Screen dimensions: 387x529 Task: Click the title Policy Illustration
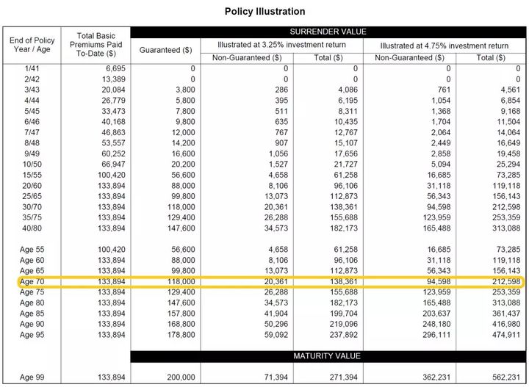pos(264,12)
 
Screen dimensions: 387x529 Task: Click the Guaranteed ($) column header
pos(166,51)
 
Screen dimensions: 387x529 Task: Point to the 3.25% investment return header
pos(282,45)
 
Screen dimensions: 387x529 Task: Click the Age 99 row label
pos(33,376)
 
